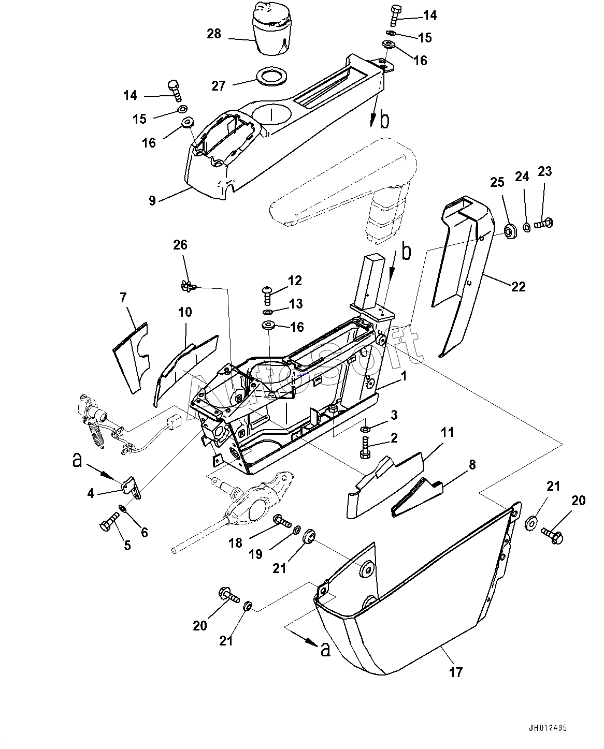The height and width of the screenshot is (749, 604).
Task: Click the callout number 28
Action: [214, 34]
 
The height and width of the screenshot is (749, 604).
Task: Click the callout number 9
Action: [152, 201]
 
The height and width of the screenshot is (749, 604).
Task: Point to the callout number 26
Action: [180, 245]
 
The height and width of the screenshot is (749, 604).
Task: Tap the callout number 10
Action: [185, 312]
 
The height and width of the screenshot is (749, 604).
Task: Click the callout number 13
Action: [296, 304]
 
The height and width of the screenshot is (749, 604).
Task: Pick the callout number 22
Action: [518, 287]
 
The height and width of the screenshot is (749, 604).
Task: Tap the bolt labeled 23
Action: [544, 222]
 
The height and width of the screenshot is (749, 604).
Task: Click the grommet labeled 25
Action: [510, 231]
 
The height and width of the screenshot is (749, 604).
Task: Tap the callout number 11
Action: [447, 432]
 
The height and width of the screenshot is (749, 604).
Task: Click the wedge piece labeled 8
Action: [416, 498]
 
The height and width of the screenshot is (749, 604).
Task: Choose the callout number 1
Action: [404, 376]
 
